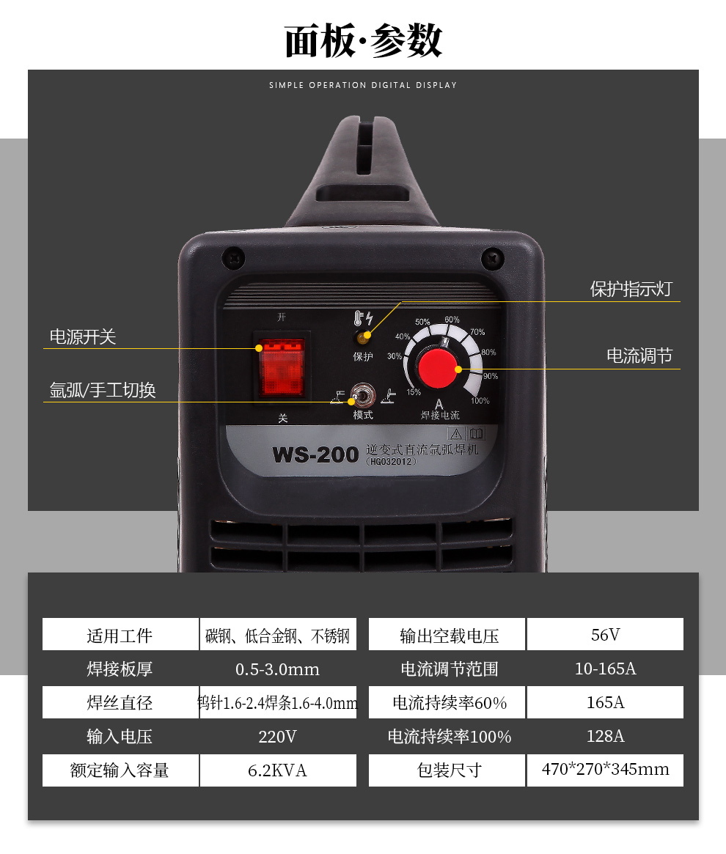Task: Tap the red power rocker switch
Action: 279,367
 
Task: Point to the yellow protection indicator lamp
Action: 362,337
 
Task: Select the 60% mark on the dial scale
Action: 452,320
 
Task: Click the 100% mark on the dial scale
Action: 480,401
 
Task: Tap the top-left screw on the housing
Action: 233,257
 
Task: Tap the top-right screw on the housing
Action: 491,257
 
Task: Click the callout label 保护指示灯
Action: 631,289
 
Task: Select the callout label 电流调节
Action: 639,356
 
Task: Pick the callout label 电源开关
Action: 83,337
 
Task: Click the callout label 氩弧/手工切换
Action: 103,390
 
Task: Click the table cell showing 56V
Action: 605,635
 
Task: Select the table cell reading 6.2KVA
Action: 277,770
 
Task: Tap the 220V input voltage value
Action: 277,737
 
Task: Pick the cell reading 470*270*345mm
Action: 605,770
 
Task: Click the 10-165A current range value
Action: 605,669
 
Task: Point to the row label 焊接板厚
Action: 120,669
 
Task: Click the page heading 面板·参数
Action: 363,41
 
